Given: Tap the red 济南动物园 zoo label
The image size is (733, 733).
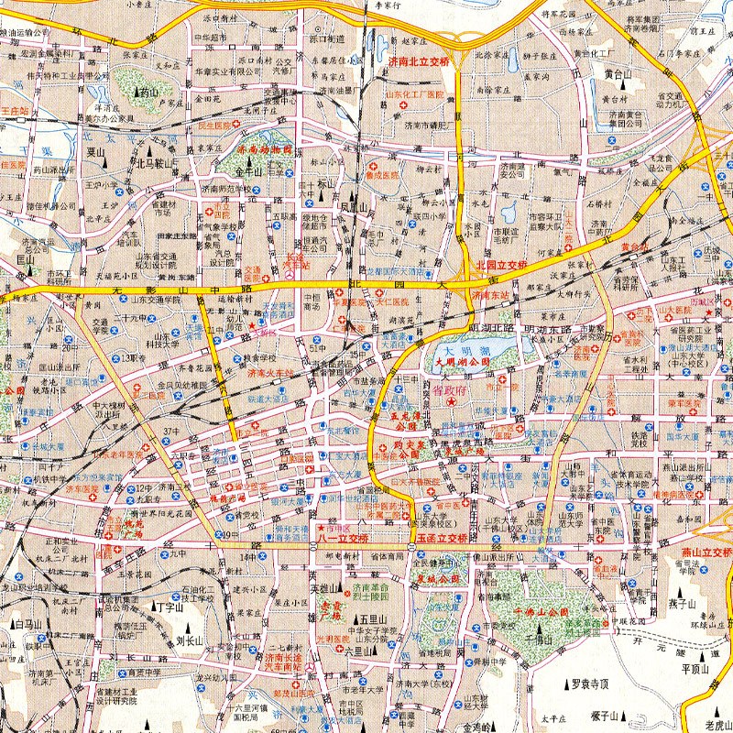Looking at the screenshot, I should coord(263,149).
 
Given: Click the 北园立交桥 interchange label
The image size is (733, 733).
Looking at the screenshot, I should coord(501,264).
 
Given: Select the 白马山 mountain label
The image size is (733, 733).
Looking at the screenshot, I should coord(29,624).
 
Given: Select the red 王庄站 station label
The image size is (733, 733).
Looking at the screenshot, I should coord(15,110).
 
